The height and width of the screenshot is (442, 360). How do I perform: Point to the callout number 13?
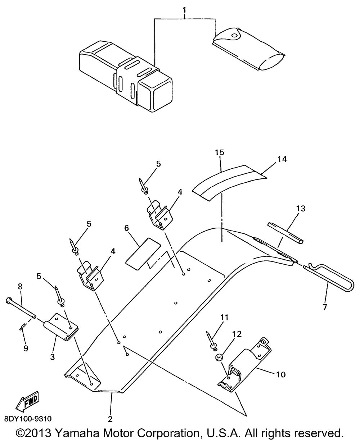pos(300,208)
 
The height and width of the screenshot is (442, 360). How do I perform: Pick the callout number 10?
pos(281,375)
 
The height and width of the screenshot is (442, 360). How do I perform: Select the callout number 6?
pos(126,228)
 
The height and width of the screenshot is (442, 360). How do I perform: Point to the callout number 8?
pos(20,286)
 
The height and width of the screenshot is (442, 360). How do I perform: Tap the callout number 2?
pos(110,419)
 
